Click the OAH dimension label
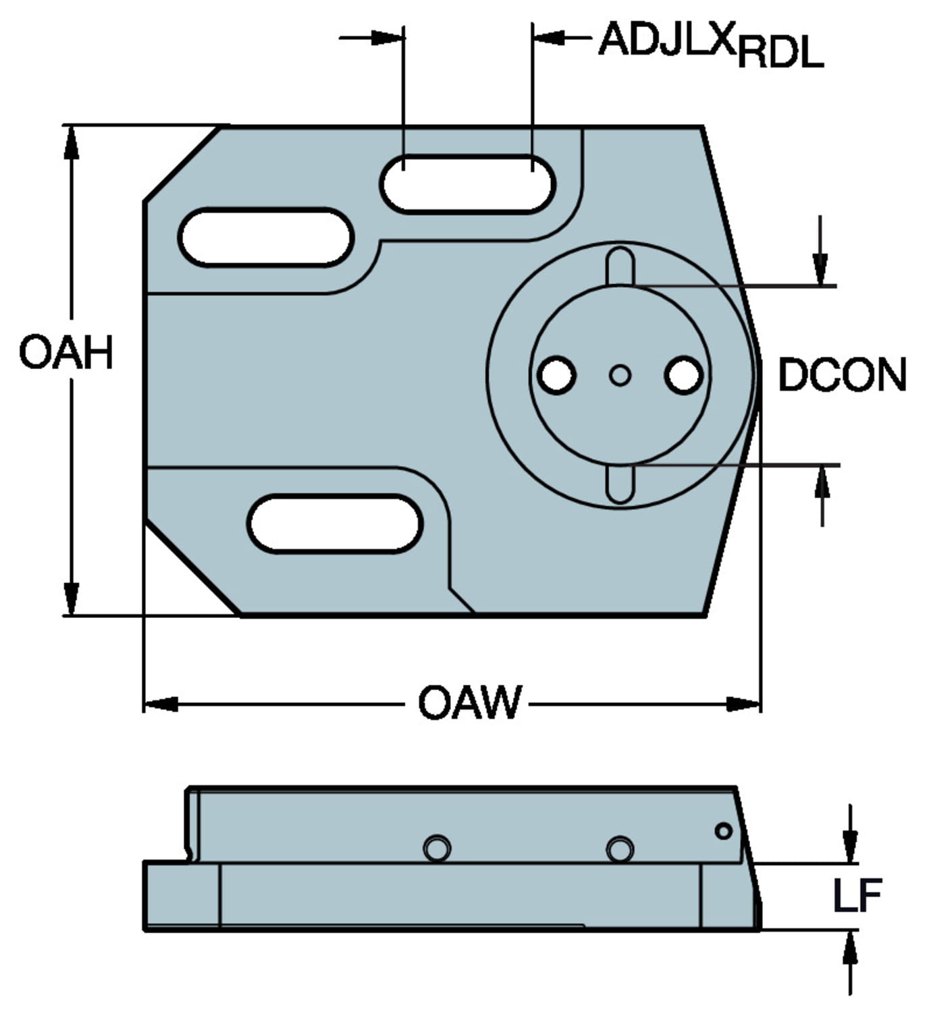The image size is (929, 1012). click(x=65, y=352)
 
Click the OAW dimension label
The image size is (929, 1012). click(x=470, y=702)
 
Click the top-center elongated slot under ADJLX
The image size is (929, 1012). click(x=467, y=184)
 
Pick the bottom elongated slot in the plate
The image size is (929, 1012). click(x=335, y=524)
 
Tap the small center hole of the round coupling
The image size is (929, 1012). click(x=620, y=375)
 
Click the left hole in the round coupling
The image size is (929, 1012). click(x=557, y=375)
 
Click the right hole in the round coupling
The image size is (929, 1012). click(x=683, y=375)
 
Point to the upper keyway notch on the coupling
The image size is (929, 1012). click(x=620, y=266)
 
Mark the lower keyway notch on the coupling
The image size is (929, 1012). click(x=620, y=483)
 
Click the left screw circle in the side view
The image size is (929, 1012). click(x=437, y=848)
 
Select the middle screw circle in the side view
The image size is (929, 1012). click(x=620, y=849)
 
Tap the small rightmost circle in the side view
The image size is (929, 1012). click(x=723, y=831)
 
